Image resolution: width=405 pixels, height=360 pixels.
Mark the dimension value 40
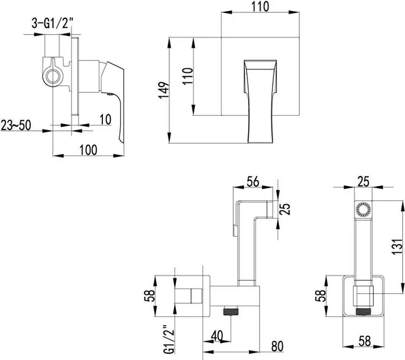pyautogui.click(x=217, y=335)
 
